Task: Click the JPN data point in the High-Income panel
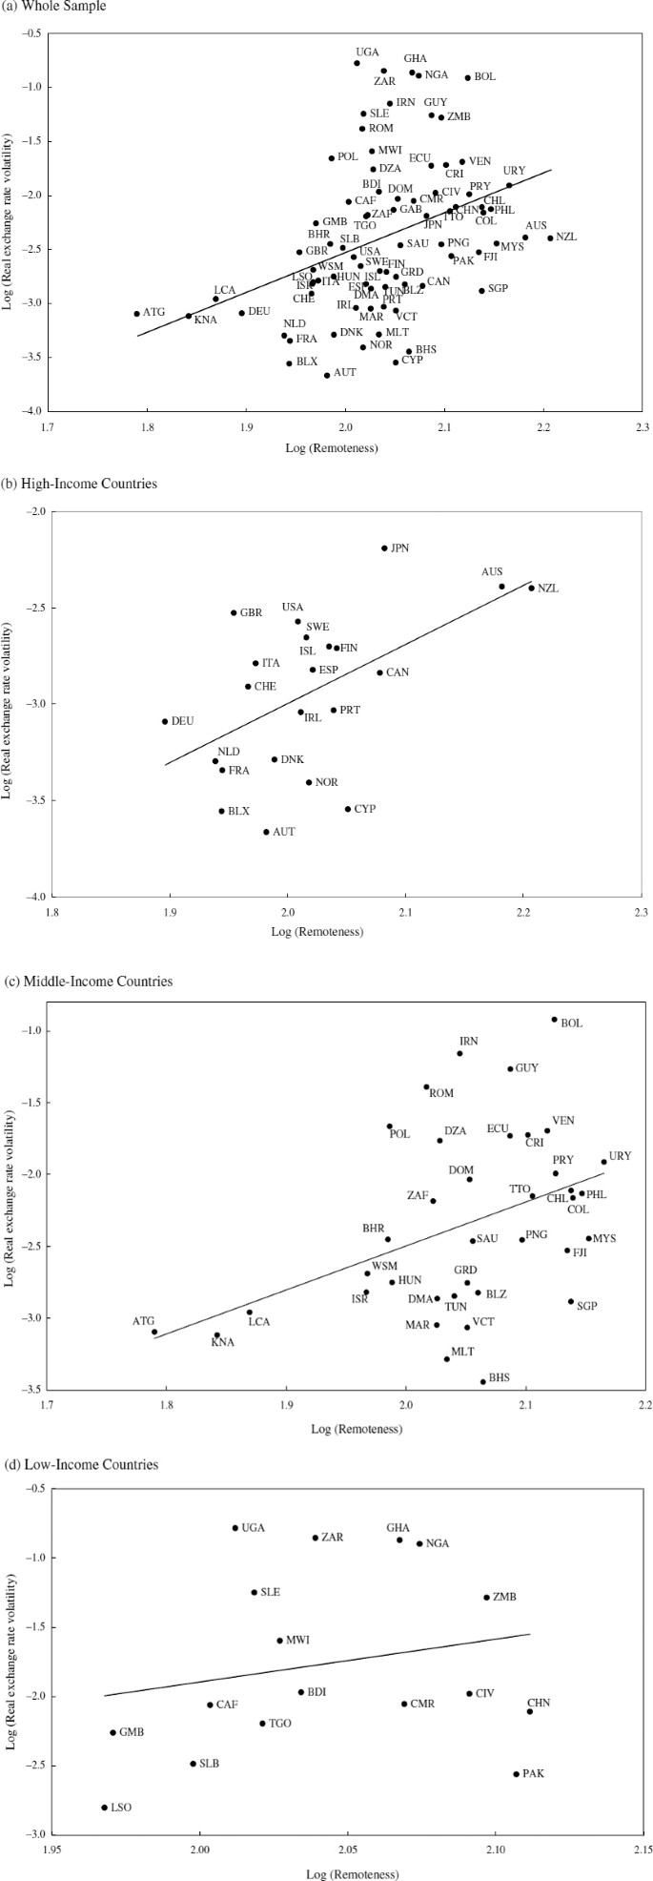[x=384, y=548]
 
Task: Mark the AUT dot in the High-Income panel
[x=266, y=832]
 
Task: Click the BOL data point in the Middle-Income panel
[x=554, y=1019]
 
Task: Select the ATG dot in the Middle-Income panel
[x=153, y=1332]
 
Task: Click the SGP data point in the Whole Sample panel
[x=481, y=290]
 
